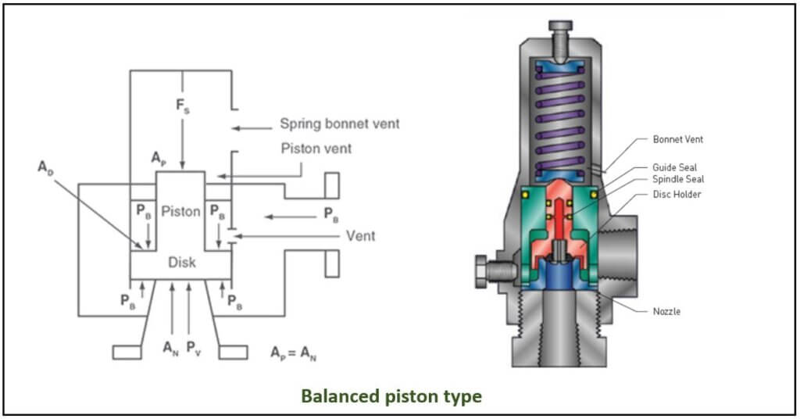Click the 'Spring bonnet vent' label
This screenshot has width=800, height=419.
click(x=340, y=124)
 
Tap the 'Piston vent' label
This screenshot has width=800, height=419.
click(x=316, y=149)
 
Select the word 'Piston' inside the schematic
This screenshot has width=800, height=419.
click(x=180, y=211)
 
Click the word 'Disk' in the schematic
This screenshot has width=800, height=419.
click(x=181, y=263)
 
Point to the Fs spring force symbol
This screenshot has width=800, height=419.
click(x=182, y=106)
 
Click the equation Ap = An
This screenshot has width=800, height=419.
click(x=294, y=353)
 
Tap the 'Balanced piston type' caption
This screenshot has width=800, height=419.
click(x=391, y=396)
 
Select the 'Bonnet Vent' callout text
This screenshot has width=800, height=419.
click(x=677, y=139)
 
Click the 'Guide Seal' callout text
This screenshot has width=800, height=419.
click(x=674, y=167)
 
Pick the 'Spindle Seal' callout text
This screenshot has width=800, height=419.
click(x=678, y=179)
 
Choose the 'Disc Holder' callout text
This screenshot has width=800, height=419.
click(x=677, y=195)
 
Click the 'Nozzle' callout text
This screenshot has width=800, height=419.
click(x=666, y=311)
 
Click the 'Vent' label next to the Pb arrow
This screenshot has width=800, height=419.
click(x=360, y=236)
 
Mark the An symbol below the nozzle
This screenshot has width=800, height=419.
click(x=170, y=349)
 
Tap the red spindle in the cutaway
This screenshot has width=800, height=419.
click(x=559, y=220)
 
